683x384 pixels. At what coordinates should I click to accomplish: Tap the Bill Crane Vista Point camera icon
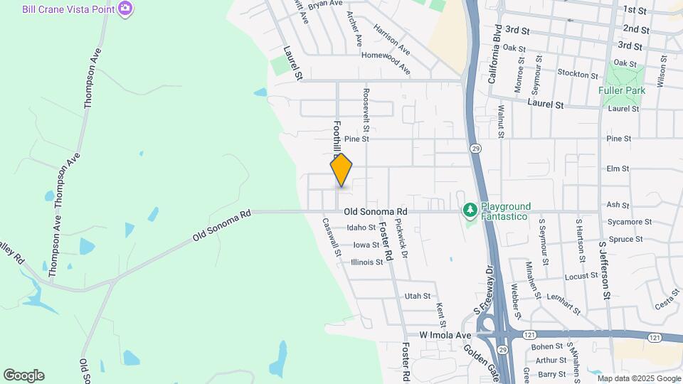(x=126, y=9)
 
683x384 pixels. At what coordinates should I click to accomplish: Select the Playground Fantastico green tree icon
(x=469, y=210)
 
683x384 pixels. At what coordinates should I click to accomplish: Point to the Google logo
(x=23, y=375)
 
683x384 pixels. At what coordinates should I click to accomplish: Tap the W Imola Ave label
(x=445, y=335)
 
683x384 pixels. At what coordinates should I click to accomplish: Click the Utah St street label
(x=418, y=296)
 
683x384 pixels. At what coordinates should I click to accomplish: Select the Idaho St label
(x=361, y=228)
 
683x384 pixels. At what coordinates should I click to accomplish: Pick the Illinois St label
(x=367, y=262)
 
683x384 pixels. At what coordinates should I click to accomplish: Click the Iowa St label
(x=366, y=245)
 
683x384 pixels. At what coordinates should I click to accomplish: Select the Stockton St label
(x=578, y=74)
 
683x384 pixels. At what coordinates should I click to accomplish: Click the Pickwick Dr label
(x=402, y=241)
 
